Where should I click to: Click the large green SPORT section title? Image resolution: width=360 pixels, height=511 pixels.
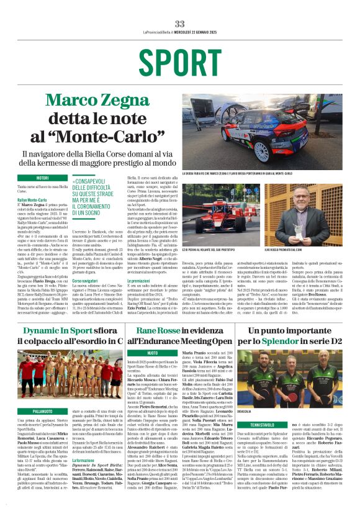tap(179, 61)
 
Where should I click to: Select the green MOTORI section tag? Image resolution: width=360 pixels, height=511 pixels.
tap(42, 178)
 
